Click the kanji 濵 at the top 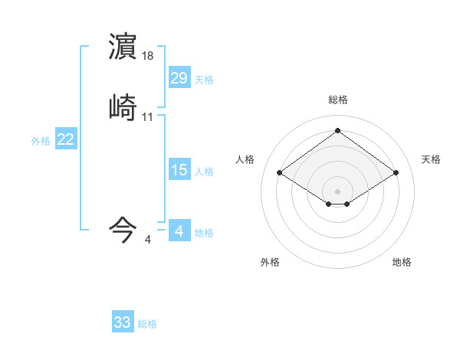click(123, 47)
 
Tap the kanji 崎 click(123, 108)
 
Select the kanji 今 click(123, 229)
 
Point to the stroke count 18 click(148, 56)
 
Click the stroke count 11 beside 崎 click(148, 117)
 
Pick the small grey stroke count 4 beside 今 click(148, 240)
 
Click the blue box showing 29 click(179, 78)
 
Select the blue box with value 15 click(179, 170)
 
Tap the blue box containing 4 click(179, 231)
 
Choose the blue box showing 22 click(66, 139)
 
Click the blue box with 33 click(123, 322)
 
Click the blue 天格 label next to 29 click(204, 80)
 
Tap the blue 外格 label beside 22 click(41, 141)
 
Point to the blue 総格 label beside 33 click(147, 324)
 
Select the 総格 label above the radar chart click(338, 100)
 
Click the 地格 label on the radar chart click(402, 262)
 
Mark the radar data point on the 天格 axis click(396, 173)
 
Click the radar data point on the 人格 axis click(280, 173)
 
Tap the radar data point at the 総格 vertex click(338, 130)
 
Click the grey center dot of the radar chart click(338, 191)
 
